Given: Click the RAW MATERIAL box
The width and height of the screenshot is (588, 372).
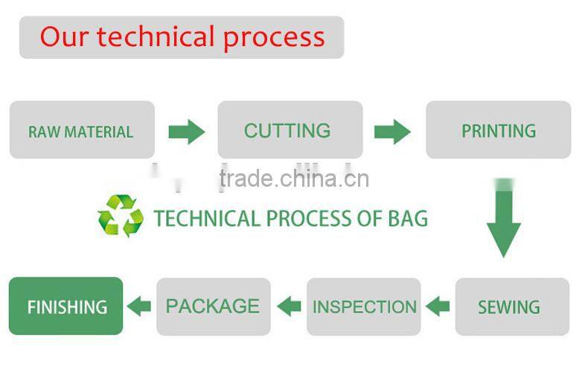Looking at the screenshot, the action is coord(82,129).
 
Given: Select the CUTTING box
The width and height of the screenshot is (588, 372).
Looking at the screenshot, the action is coord(290,129).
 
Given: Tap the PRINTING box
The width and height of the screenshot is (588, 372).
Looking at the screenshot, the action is coord(499,129).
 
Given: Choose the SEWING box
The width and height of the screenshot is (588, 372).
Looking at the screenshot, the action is coord(512,307).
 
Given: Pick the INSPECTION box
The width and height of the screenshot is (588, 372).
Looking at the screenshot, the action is coord(364,307).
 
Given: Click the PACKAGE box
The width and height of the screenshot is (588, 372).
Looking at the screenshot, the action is coord(214,307).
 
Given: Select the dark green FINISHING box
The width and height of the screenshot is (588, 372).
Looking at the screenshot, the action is coord(66,306).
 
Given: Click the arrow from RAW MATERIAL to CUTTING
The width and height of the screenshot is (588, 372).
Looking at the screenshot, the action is coord(187,132).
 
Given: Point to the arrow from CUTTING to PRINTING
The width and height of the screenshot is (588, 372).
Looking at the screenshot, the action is coord(393,132).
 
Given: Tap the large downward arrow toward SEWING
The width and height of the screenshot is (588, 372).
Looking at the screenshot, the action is coord(504,221).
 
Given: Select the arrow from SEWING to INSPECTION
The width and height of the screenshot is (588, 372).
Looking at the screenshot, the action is coord(438,307).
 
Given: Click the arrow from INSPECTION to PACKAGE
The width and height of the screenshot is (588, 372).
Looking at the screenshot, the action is coord(289,307).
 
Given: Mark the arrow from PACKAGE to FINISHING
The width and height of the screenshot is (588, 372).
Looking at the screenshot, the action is coord(139,307).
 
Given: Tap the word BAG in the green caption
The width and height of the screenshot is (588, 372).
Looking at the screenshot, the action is coord(408,218).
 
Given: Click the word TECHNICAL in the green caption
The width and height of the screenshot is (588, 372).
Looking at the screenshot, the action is coord(207,218).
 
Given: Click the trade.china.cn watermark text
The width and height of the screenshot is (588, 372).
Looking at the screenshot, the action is coord(295,179).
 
